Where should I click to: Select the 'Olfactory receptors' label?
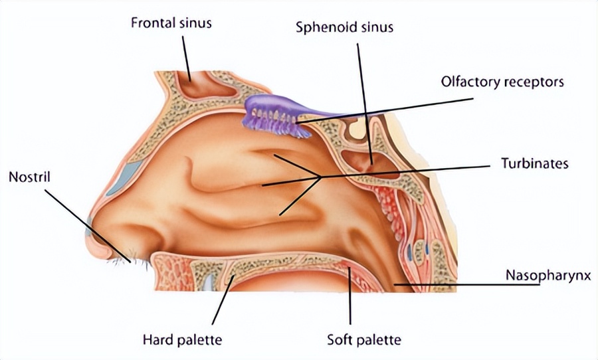coord(502,82)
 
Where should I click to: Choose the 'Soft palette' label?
coord(363,340)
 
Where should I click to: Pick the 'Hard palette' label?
coord(181,340)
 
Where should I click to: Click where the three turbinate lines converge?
coord(322,177)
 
